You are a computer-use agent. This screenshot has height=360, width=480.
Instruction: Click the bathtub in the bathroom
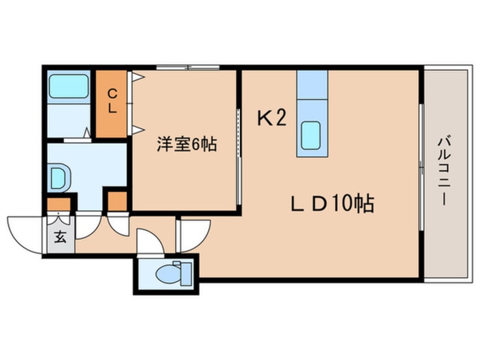pyautogui.click(x=69, y=86)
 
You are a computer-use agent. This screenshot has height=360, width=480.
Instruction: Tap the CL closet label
pyautogui.click(x=112, y=101)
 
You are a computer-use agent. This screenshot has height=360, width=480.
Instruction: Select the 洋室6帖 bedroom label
pyautogui.click(x=187, y=144)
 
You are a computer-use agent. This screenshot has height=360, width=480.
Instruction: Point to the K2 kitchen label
pyautogui.click(x=272, y=118)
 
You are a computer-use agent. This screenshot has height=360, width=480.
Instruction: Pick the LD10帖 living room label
pyautogui.click(x=332, y=203)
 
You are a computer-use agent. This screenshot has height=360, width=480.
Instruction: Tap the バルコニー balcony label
pyautogui.click(x=444, y=171)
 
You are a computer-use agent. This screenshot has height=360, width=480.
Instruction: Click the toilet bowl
pyautogui.click(x=169, y=273)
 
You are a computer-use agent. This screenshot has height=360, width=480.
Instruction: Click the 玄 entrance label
pyautogui.click(x=60, y=237)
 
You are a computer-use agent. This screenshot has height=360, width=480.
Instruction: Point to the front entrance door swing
pyautogui.click(x=25, y=235)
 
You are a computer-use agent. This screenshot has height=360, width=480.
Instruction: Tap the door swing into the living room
pyautogui.click(x=194, y=235)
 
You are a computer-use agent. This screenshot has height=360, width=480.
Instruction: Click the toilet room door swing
pyautogui.click(x=150, y=241)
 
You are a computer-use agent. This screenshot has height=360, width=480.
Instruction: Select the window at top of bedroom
pyautogui.click(x=188, y=67)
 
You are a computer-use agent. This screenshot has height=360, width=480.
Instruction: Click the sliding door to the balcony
pyautogui.click(x=422, y=167)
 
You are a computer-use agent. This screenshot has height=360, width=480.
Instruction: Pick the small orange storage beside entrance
pyautogui.click(x=58, y=204)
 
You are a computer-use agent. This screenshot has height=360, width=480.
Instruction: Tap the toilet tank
pyautogui.click(x=186, y=274)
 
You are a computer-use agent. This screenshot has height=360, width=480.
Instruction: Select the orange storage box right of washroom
pyautogui.click(x=117, y=202)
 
